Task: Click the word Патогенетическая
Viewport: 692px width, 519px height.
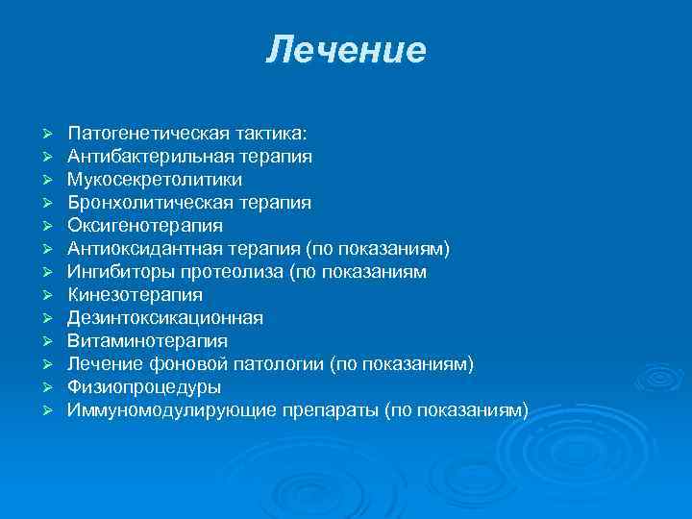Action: pyautogui.click(x=133, y=133)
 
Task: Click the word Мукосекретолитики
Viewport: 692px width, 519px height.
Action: pyautogui.click(x=155, y=179)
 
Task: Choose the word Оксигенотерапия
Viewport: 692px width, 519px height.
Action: pyautogui.click(x=145, y=225)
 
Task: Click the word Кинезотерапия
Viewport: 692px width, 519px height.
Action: pyautogui.click(x=135, y=294)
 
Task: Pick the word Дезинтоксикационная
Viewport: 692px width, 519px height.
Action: pyautogui.click(x=165, y=317)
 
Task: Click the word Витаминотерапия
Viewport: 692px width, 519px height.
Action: pyautogui.click(x=147, y=340)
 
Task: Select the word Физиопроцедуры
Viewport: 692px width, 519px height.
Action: pyautogui.click(x=144, y=386)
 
